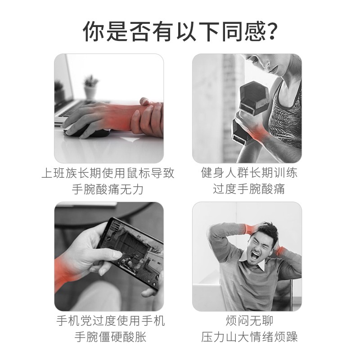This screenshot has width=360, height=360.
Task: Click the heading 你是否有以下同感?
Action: click(180, 31)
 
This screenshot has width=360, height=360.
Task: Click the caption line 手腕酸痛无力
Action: click(108, 189)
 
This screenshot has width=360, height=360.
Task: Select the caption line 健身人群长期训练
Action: click(249, 173)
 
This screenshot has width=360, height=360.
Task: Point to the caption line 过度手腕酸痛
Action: click(249, 189)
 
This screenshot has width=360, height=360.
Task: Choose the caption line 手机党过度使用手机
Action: click(111, 321)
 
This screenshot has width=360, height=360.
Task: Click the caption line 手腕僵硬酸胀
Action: click(110, 337)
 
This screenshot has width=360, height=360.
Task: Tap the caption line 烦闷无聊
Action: click(249, 321)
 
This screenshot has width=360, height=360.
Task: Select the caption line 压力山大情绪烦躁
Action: click(249, 337)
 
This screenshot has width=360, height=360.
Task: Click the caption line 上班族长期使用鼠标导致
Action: click(108, 173)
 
